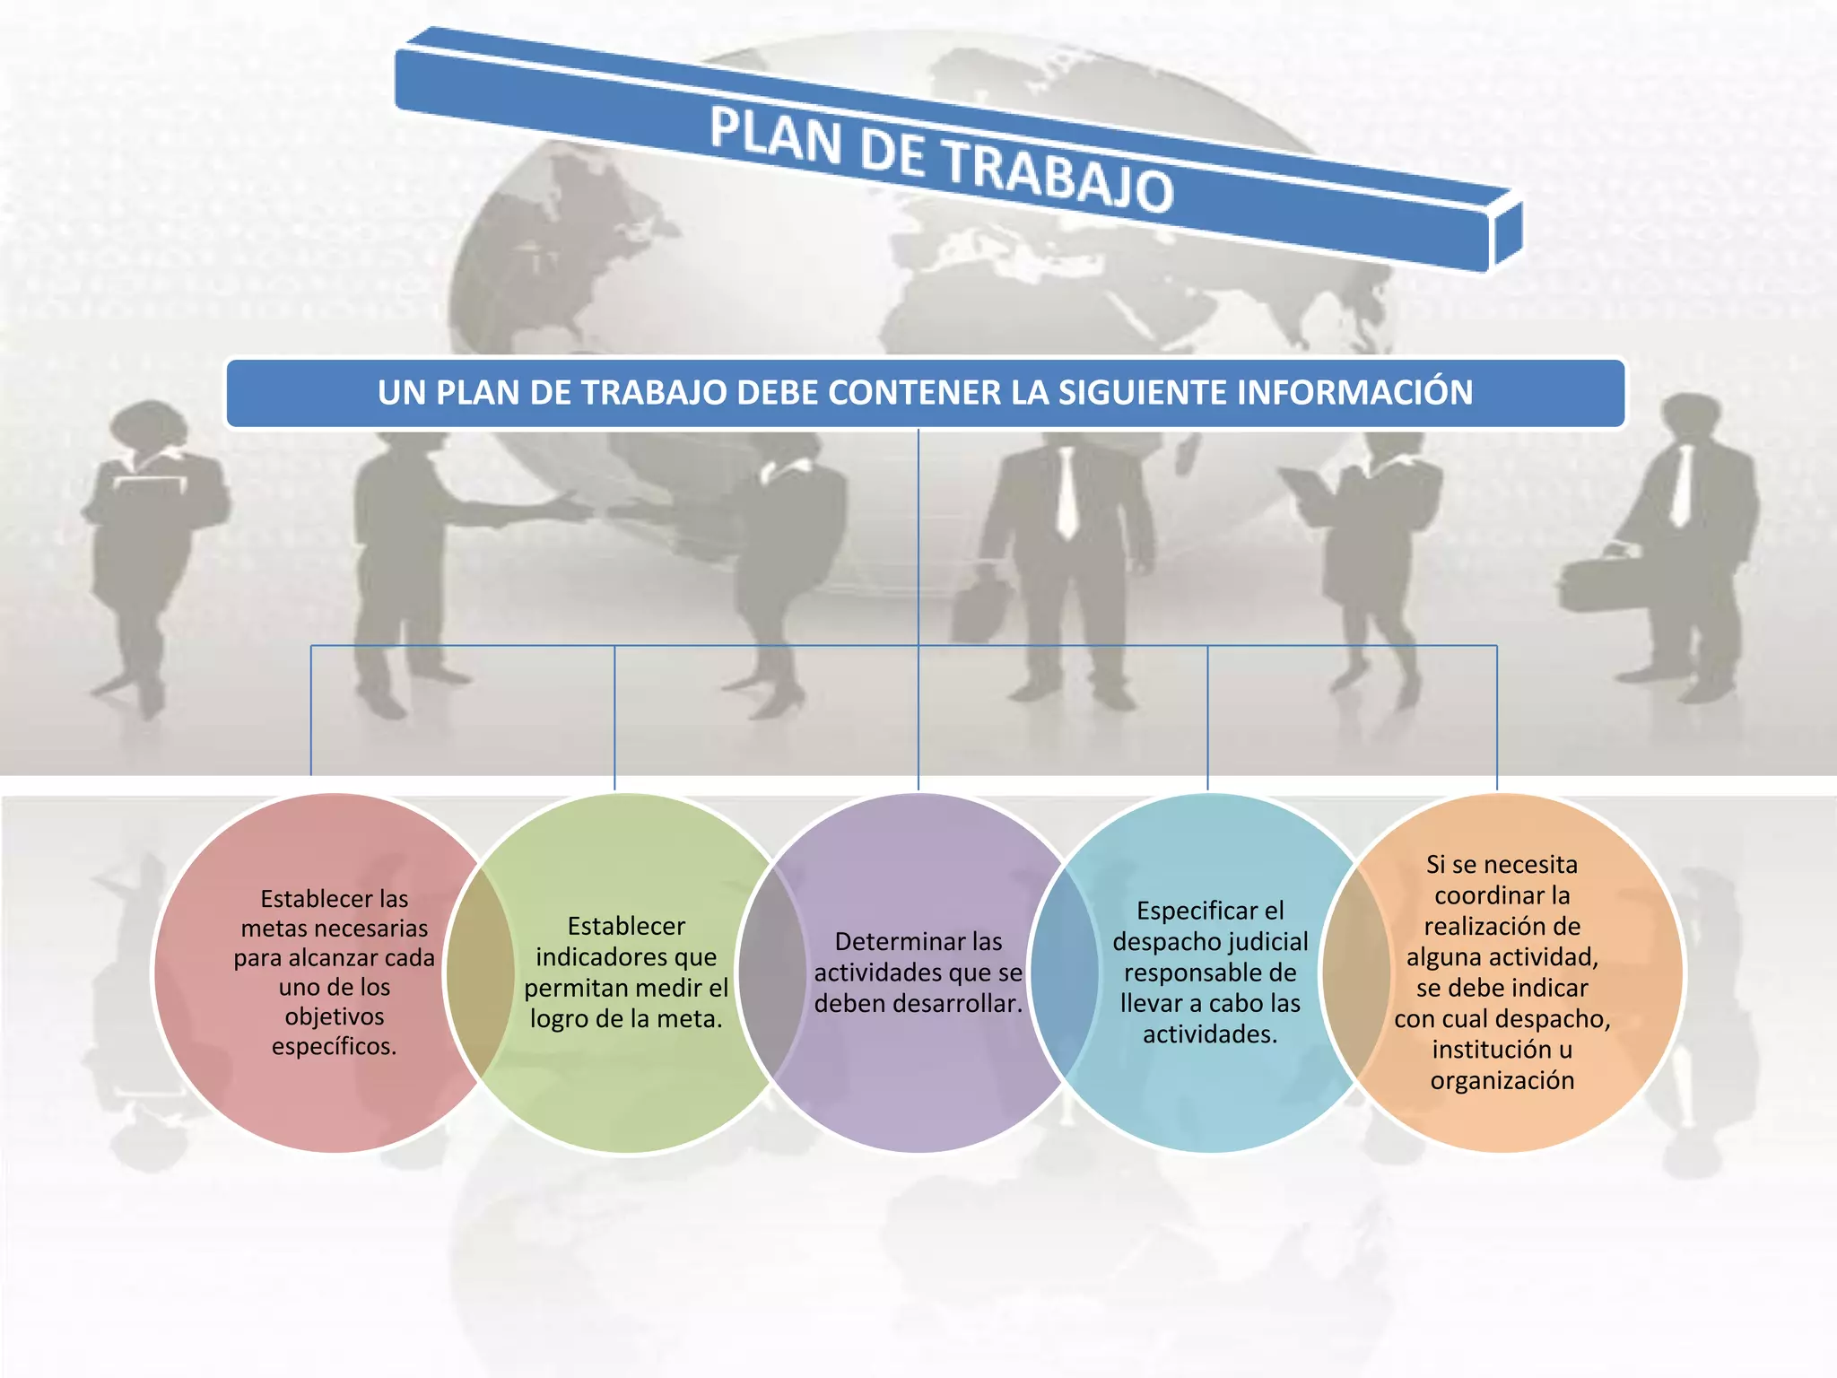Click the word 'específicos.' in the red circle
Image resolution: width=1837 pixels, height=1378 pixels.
click(x=334, y=1046)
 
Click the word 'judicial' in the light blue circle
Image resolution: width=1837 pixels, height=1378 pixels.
click(x=1264, y=942)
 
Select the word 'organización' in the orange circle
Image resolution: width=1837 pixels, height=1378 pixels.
click(x=1502, y=1080)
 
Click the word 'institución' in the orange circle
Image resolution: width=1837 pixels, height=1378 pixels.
click(x=1491, y=1050)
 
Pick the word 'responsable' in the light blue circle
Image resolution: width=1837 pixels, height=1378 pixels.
click(x=1210, y=973)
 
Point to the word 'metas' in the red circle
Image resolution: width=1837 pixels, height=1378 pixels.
click(x=271, y=929)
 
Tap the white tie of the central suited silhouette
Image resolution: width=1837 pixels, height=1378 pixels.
click(x=1067, y=493)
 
